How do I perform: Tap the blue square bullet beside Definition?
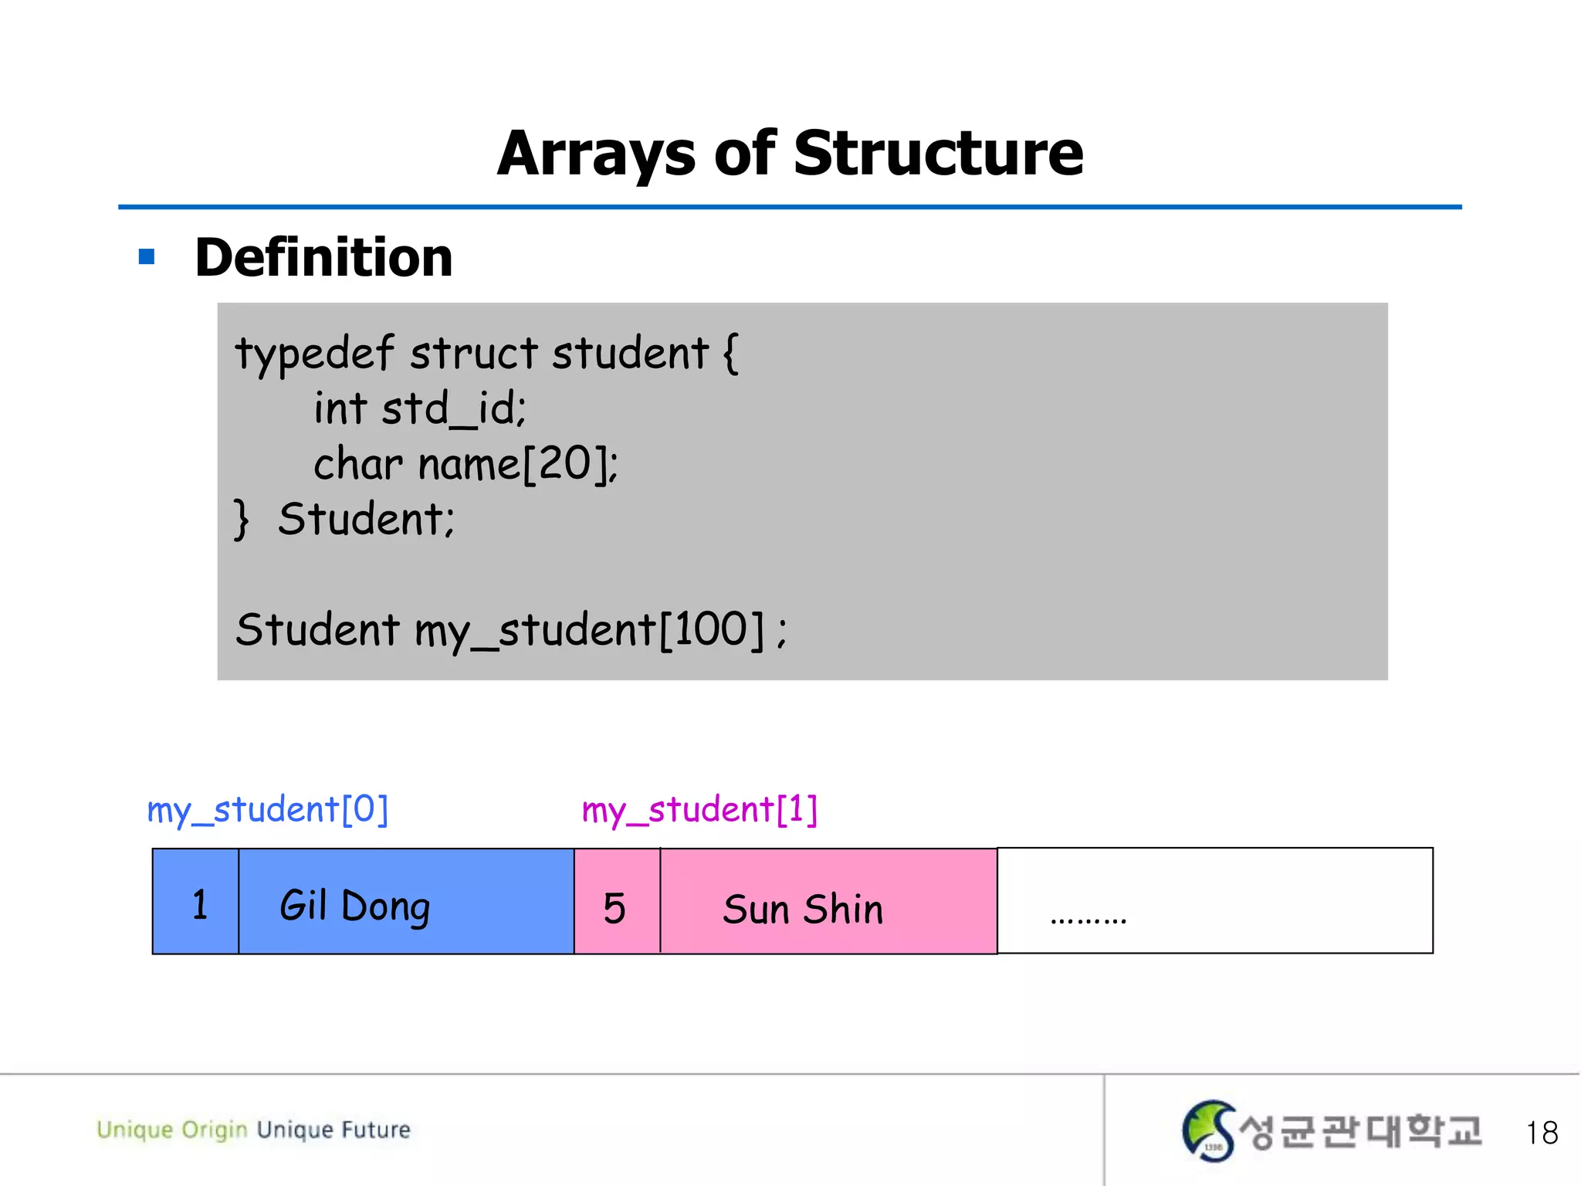147,257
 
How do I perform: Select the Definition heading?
323,257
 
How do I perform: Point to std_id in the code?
453,408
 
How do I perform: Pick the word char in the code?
357,465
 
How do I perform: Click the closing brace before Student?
242,519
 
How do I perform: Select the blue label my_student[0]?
267,810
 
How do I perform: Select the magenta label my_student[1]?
699,810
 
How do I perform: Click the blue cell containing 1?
196,902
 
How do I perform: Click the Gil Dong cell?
406,902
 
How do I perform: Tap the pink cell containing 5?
617,902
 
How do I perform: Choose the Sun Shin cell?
828,902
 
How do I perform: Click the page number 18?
1542,1133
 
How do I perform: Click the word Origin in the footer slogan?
214,1130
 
